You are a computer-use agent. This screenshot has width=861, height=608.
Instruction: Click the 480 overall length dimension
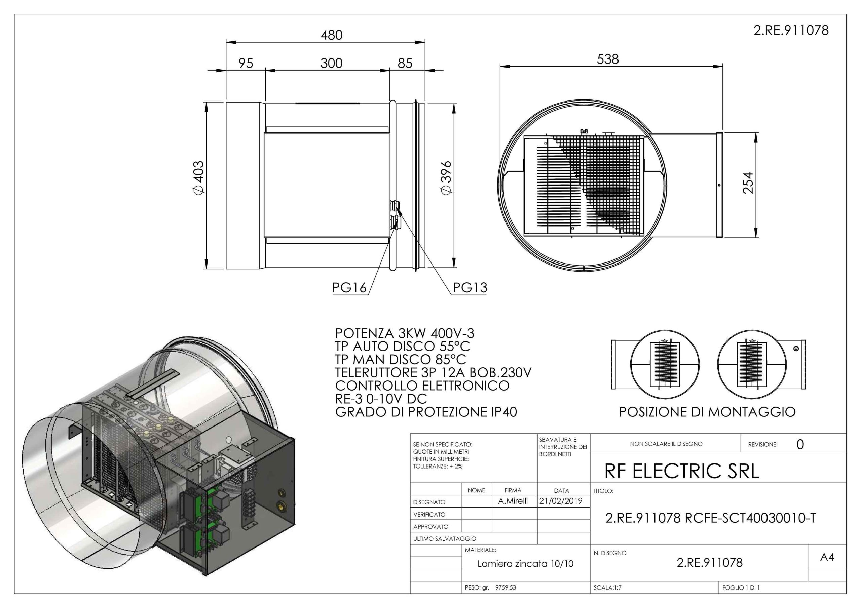(332, 35)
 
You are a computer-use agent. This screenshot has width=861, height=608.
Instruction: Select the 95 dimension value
(246, 63)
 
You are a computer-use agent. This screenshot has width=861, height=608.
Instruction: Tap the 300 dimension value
(332, 63)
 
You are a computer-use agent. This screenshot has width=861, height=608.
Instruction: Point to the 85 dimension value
(405, 63)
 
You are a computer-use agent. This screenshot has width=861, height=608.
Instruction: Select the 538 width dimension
(608, 59)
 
